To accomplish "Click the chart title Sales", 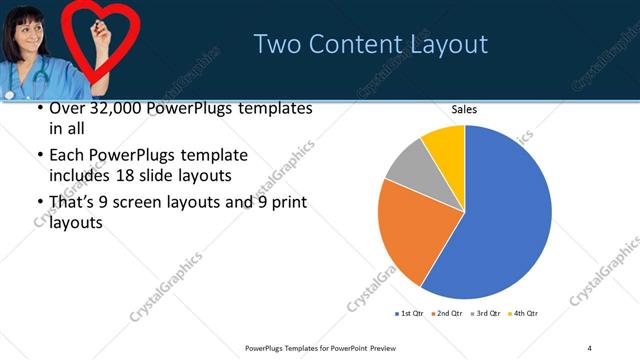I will click(465, 108).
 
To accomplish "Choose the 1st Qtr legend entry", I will click(410, 314).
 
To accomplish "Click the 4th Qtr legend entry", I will click(524, 314).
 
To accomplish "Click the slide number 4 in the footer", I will click(589, 347).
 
